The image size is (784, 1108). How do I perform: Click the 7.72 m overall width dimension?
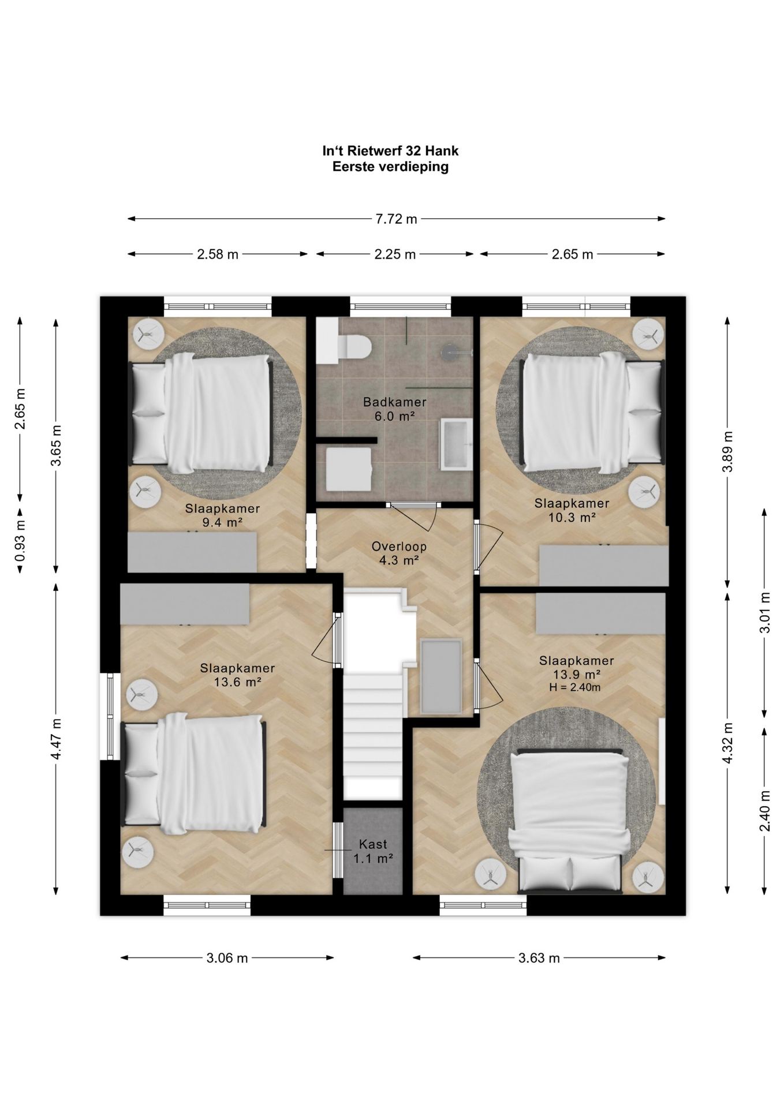pyautogui.click(x=396, y=219)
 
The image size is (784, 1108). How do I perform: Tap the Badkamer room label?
pyautogui.click(x=395, y=402)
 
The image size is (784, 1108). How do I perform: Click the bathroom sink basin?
pyautogui.click(x=456, y=444)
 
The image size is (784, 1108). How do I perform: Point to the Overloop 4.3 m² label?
pyautogui.click(x=399, y=553)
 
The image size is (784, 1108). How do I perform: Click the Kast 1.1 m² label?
pyautogui.click(x=373, y=851)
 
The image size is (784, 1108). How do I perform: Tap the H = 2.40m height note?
pyautogui.click(x=574, y=687)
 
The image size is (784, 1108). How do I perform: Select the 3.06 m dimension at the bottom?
pyautogui.click(x=227, y=958)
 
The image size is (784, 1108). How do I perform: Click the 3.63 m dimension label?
pyautogui.click(x=539, y=958)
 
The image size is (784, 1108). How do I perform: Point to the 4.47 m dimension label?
pyautogui.click(x=56, y=739)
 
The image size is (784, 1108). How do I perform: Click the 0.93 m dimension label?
pyautogui.click(x=20, y=541)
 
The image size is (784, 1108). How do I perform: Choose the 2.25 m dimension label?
pyautogui.click(x=395, y=254)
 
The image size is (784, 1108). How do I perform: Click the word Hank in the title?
pyautogui.click(x=442, y=151)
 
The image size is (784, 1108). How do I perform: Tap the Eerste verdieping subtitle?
pyautogui.click(x=390, y=167)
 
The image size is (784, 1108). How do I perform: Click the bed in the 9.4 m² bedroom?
pyautogui.click(x=200, y=413)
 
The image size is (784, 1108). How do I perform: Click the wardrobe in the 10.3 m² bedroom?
pyautogui.click(x=604, y=566)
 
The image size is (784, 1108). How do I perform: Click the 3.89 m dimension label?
pyautogui.click(x=727, y=451)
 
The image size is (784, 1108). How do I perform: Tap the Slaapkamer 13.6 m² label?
pyautogui.click(x=237, y=675)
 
